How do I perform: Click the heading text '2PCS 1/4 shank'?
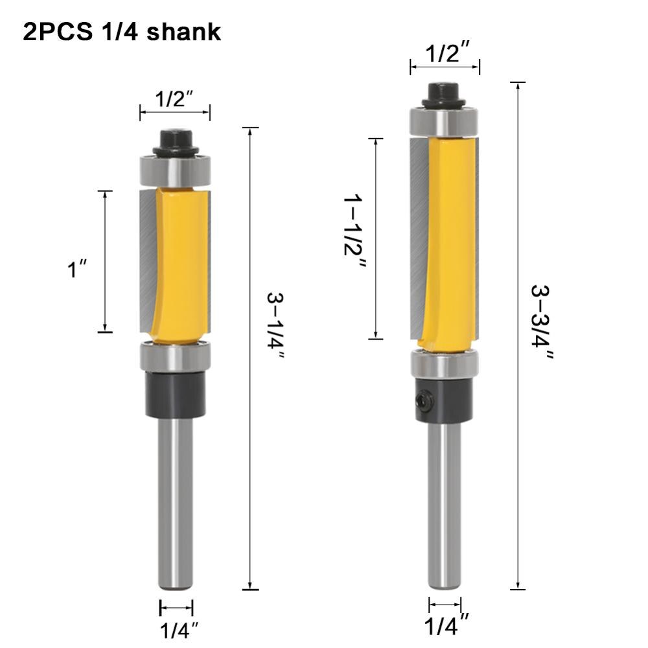(122, 33)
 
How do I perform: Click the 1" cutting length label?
(78, 269)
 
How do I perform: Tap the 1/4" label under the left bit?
(176, 630)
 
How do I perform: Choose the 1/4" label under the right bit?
(446, 626)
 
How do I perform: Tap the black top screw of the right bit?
(444, 95)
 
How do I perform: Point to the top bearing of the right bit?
(444, 122)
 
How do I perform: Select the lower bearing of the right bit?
(444, 365)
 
